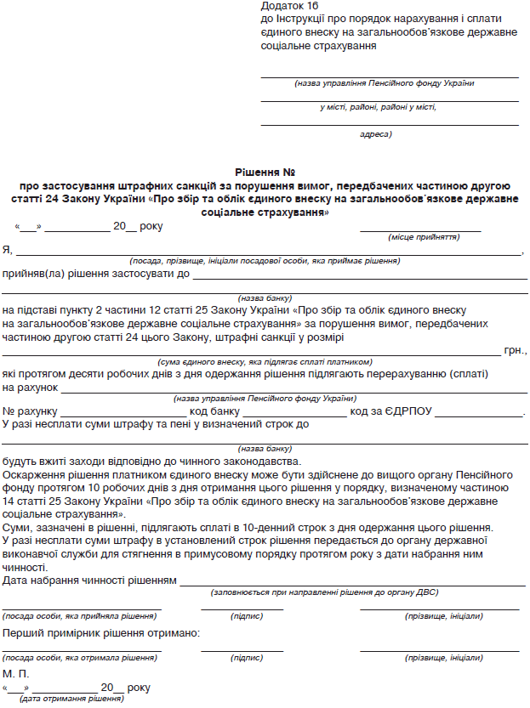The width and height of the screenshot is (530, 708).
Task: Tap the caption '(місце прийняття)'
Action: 424,237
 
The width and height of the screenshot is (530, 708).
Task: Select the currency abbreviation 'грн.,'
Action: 516,349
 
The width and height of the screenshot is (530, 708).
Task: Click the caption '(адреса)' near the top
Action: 375,133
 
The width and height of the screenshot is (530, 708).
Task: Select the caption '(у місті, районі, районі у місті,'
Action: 378,107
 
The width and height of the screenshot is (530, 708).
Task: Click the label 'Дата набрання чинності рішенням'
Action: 89,581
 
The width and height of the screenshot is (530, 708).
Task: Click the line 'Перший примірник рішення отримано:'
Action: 102,633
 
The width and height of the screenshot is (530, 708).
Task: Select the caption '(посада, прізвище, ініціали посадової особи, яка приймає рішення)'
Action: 265,261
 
